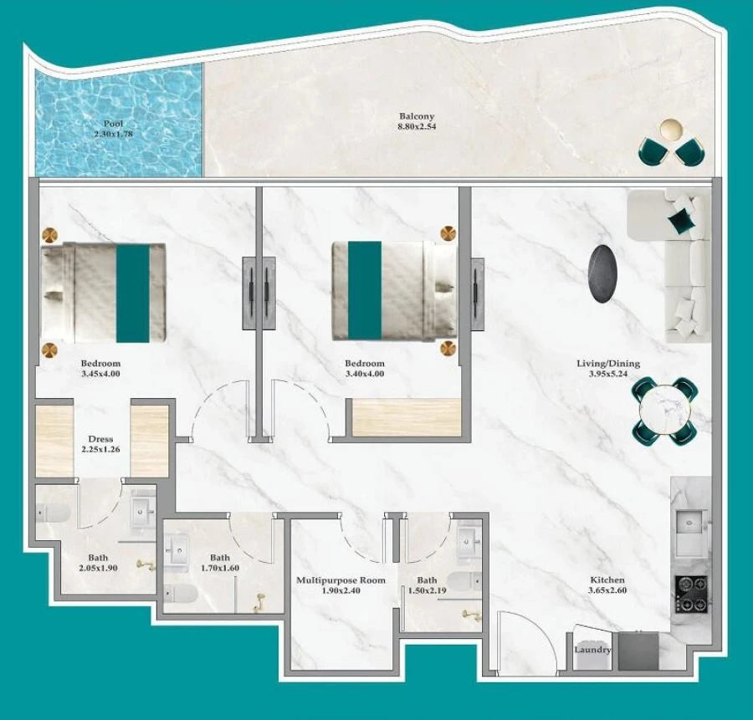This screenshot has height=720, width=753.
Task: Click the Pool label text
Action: [x=113, y=123]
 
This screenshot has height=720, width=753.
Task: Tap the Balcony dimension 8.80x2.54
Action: [x=417, y=127]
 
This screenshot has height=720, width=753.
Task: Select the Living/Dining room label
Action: [x=607, y=364]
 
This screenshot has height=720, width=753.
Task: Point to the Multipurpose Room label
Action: [x=341, y=580]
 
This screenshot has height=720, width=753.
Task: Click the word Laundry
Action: [x=592, y=650]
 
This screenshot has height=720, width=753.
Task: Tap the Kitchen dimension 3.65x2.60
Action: [x=607, y=590]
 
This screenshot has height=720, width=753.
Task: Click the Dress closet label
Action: [x=100, y=439]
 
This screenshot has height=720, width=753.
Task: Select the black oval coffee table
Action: [x=604, y=272]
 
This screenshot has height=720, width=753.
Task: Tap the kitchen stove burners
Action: [x=692, y=594]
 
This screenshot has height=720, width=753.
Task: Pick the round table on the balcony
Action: [x=671, y=130]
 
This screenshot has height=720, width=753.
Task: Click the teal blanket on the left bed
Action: [x=132, y=293]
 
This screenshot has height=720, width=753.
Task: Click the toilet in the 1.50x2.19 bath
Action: [x=463, y=581]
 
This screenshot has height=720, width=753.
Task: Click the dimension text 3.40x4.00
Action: [x=365, y=375]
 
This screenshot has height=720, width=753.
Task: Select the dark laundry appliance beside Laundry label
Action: [x=638, y=651]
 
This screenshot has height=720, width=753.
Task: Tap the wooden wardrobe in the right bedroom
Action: [x=407, y=417]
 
